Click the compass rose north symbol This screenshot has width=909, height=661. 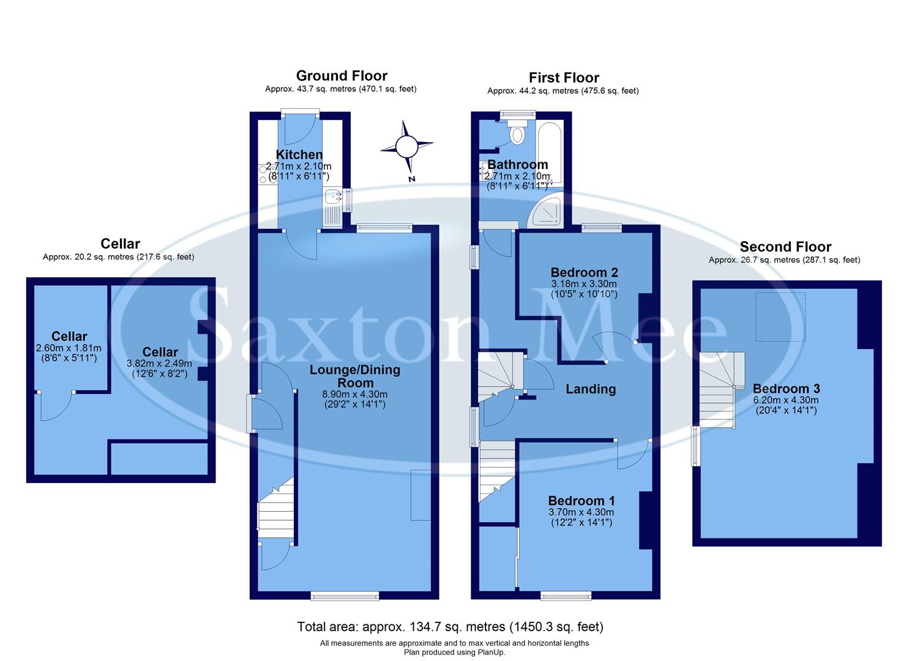click(x=406, y=148)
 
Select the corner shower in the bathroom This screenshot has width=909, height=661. click(x=547, y=211)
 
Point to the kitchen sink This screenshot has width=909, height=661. click(x=334, y=197)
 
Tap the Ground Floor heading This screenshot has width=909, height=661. click(x=342, y=76)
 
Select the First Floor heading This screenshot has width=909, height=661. click(x=564, y=78)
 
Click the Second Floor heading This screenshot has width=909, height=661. click(x=785, y=247)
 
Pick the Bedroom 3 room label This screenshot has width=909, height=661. click(x=786, y=389)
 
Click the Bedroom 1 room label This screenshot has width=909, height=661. click(x=582, y=501)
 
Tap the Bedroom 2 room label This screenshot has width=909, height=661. click(x=584, y=272)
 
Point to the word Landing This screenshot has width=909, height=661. click(x=590, y=389)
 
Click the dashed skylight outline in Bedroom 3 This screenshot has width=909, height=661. click(x=780, y=316)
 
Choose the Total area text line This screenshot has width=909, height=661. click(x=450, y=627)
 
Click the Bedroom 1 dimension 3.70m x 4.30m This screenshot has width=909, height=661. click(x=582, y=512)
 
